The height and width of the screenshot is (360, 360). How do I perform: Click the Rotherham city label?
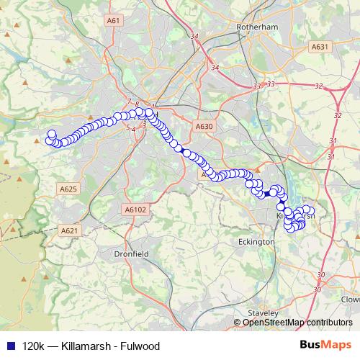pos(257,27)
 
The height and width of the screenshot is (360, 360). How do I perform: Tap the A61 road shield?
pos(112,21)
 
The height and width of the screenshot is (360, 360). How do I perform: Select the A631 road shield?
pos(320,47)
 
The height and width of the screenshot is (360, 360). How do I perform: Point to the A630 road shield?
pos(204,126)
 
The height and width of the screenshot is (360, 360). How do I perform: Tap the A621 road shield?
pos(68,230)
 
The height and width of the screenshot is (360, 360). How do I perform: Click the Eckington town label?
pos(256,243)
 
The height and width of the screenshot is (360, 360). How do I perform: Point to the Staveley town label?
pos(262,313)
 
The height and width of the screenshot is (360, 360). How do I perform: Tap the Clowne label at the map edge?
pos(351,299)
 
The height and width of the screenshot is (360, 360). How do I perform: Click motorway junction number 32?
pos(318,86)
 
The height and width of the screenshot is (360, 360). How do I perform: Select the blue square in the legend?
pos(9,346)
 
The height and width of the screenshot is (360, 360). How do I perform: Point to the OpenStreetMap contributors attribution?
pos(297,322)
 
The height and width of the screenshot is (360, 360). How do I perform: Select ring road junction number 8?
pos(136,104)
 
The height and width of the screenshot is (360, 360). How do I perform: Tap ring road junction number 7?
pos(129,101)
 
